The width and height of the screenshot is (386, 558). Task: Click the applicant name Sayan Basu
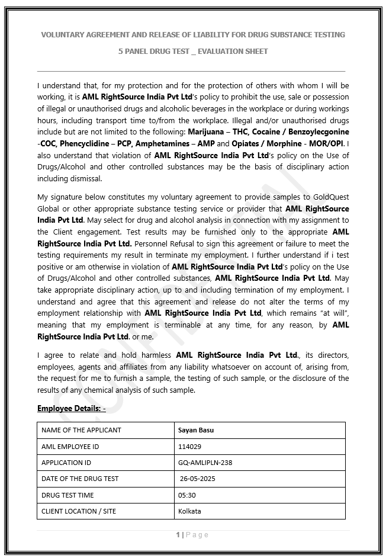(195, 430)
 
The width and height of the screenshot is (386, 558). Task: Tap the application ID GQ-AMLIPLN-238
(205, 463)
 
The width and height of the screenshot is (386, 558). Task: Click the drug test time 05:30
(187, 495)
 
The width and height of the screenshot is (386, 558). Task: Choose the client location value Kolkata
(189, 511)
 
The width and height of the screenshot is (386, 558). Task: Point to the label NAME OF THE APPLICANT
(81, 430)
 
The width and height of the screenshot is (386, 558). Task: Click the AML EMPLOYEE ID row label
(70, 446)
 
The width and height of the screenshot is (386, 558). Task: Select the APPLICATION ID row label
(66, 463)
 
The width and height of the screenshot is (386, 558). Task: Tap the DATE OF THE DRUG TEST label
(80, 479)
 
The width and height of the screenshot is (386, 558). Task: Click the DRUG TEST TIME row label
(67, 495)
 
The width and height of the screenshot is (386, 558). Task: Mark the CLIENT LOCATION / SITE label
(79, 511)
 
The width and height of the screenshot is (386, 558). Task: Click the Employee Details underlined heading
(71, 408)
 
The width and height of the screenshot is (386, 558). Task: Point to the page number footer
(192, 535)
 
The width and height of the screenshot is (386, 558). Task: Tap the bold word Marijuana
(207, 132)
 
